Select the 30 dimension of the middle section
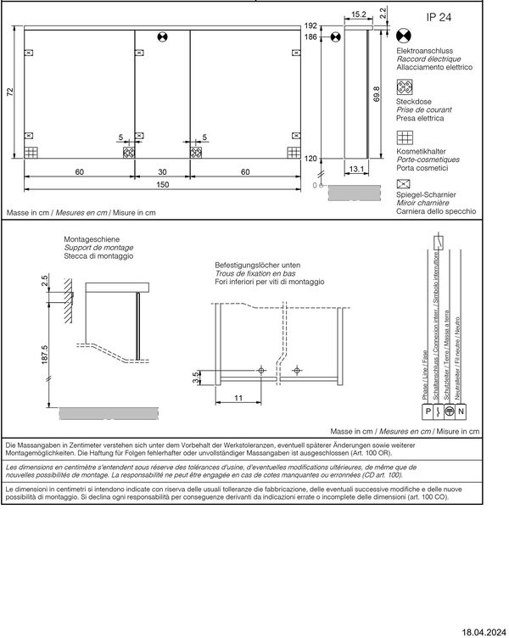[162, 171]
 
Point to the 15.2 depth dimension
[357, 14]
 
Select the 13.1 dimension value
[356, 169]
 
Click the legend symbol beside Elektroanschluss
[405, 38]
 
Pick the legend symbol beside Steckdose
[405, 87]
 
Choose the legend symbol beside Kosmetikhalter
[405, 137]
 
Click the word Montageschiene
[92, 239]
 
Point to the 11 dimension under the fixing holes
[240, 397]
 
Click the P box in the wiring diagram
[426, 412]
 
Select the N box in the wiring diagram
[461, 412]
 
